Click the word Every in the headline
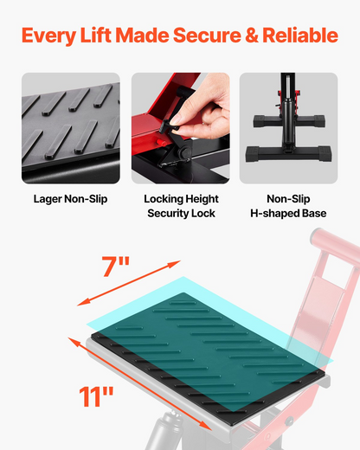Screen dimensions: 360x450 [48, 36]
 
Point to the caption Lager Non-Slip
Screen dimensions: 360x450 [70, 199]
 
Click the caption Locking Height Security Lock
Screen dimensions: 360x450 [181, 206]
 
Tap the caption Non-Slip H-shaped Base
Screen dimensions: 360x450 [288, 206]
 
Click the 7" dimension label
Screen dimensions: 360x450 [115, 267]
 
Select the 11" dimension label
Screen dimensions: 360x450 [96, 396]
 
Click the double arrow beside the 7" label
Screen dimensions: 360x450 [129, 283]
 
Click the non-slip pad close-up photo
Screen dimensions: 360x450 [71, 128]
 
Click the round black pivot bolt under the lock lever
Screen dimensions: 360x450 [183, 152]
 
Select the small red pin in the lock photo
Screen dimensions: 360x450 [160, 142]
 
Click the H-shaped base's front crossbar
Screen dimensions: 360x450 [288, 154]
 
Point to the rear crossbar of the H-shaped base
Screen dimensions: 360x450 [289, 121]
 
